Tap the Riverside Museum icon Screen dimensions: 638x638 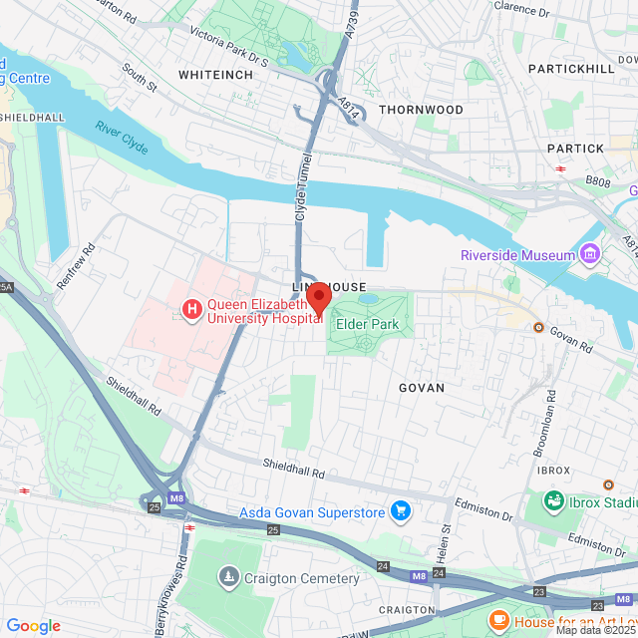tap(590, 254)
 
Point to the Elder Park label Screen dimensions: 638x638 tap(367, 324)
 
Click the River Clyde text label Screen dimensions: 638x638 tap(123, 138)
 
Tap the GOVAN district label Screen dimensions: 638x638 tap(421, 387)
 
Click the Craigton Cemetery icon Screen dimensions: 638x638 tap(229, 577)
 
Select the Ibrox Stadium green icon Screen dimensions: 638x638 tap(553, 498)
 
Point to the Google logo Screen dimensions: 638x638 tap(34, 626)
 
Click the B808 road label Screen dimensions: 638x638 tap(597, 182)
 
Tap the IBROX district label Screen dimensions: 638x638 tap(553, 470)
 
